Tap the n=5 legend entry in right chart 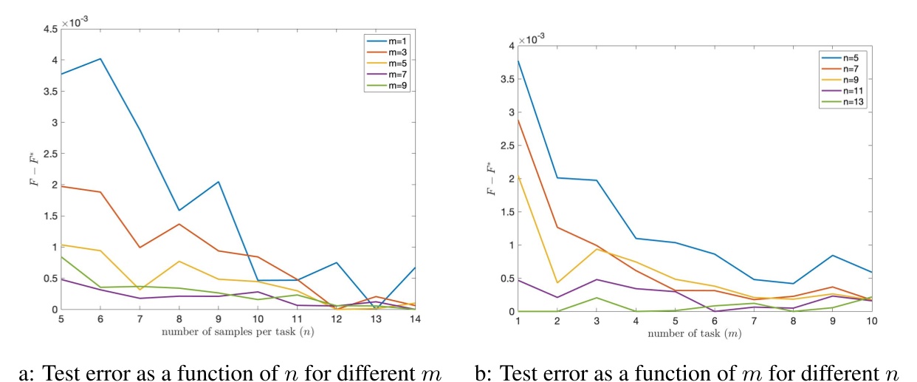841,56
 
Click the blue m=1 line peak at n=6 100,58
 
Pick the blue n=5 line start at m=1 518,61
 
